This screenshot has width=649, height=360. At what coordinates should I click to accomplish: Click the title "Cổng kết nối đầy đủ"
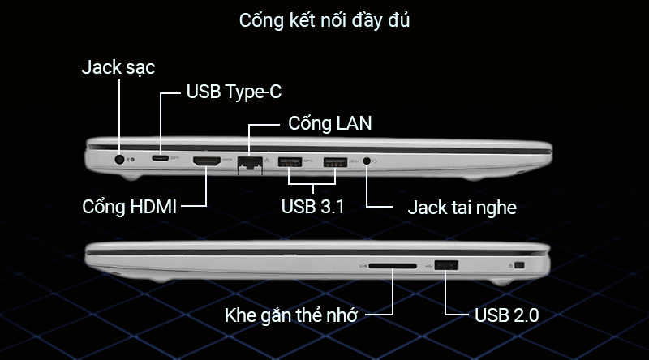point(324,20)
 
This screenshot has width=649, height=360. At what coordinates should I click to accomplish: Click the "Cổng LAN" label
point(330,125)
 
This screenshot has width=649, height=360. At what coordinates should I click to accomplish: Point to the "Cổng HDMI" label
point(130,206)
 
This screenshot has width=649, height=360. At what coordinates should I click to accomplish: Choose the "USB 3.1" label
point(313,206)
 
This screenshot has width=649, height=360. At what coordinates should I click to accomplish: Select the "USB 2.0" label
point(505,315)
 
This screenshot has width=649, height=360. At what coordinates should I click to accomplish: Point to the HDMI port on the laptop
point(208,162)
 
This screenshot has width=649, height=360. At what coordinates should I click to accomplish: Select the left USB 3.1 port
point(290,162)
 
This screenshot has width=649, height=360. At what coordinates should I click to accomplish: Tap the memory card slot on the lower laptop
point(393,265)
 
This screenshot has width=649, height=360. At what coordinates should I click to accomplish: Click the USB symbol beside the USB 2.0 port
point(428,264)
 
